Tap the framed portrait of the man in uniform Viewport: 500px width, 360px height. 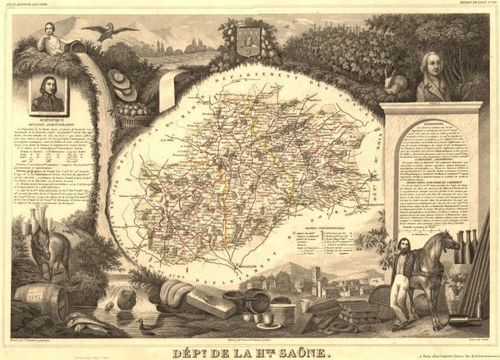[47, 94]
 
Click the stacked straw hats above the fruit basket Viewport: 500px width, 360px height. [123, 81]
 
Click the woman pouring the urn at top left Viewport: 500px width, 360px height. [51, 31]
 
